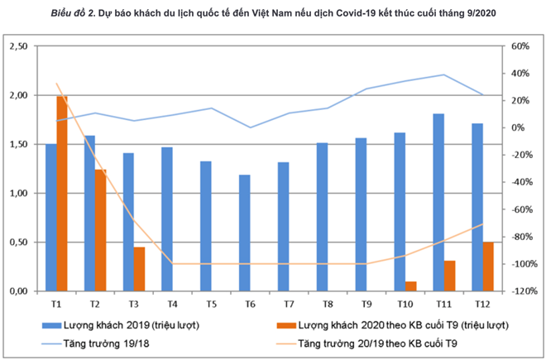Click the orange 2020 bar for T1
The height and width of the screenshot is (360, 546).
62,194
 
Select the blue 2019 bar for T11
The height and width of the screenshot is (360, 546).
438,203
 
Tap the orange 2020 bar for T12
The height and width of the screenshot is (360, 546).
488,266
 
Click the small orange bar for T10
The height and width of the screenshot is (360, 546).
411,286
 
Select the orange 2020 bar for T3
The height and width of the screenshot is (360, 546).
139,269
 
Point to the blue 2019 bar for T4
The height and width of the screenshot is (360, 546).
167,219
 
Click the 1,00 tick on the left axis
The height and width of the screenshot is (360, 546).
17,194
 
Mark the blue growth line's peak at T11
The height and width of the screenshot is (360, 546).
444,74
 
